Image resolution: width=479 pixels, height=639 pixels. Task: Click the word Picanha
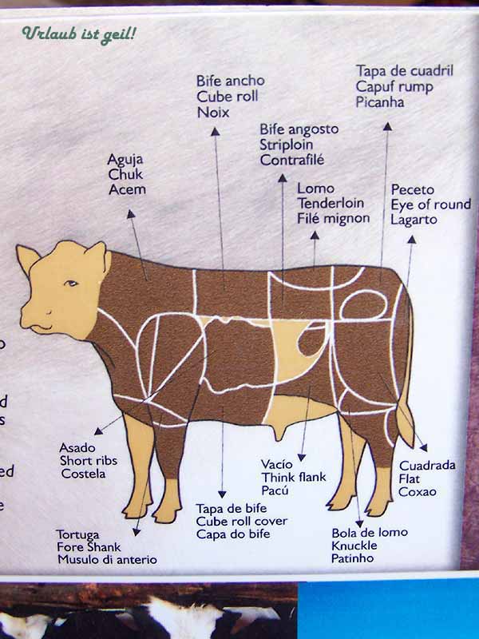click(380, 102)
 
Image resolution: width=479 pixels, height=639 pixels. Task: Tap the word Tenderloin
click(331, 203)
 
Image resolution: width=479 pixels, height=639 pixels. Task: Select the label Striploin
click(287, 145)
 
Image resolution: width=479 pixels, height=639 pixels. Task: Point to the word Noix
click(213, 112)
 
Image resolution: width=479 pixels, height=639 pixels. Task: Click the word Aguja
click(125, 160)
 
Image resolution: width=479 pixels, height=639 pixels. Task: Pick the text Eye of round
click(431, 204)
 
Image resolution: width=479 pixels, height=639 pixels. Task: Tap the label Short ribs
click(89, 461)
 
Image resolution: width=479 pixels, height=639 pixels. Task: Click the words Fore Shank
click(89, 546)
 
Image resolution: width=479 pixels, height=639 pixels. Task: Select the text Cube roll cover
click(242, 522)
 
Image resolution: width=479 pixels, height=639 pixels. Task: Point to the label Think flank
click(294, 477)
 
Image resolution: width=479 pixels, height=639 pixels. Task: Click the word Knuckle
click(354, 546)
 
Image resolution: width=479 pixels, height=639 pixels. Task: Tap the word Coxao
click(417, 491)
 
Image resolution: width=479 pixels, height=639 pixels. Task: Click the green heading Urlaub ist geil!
click(78, 34)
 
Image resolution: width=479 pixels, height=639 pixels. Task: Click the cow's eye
click(71, 283)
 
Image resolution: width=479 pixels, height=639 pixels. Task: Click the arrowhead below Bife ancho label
click(215, 131)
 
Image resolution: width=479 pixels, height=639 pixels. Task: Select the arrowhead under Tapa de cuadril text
click(387, 126)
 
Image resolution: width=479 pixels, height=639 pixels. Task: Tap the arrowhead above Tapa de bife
click(222, 494)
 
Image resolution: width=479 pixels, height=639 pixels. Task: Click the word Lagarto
click(414, 219)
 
